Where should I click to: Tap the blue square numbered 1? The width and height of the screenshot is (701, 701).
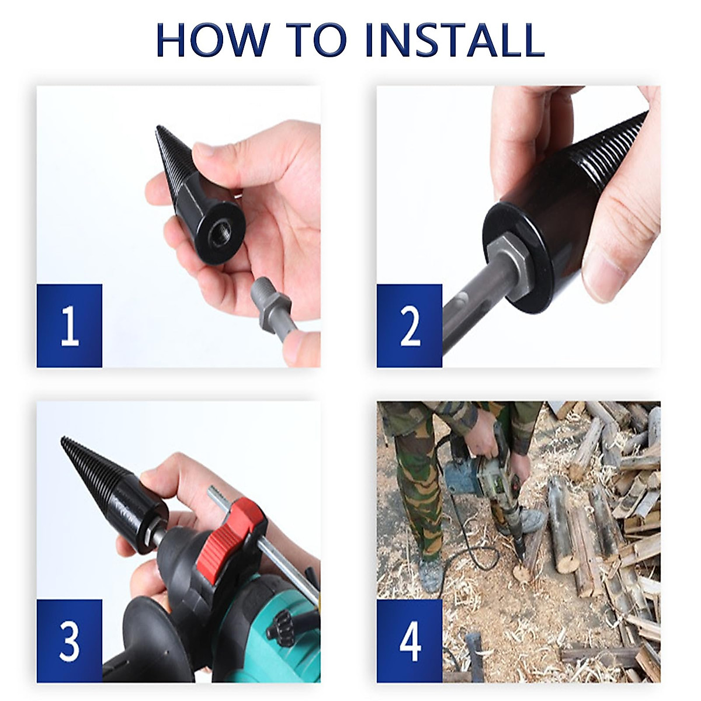[x=70, y=326]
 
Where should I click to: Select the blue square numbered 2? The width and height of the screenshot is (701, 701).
[x=409, y=326]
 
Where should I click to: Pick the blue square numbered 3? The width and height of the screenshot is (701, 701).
[x=70, y=641]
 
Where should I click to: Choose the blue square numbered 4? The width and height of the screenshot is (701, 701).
[x=409, y=641]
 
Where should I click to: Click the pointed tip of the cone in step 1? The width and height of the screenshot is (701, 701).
[x=158, y=129]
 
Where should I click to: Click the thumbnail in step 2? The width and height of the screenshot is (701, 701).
[x=605, y=275]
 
